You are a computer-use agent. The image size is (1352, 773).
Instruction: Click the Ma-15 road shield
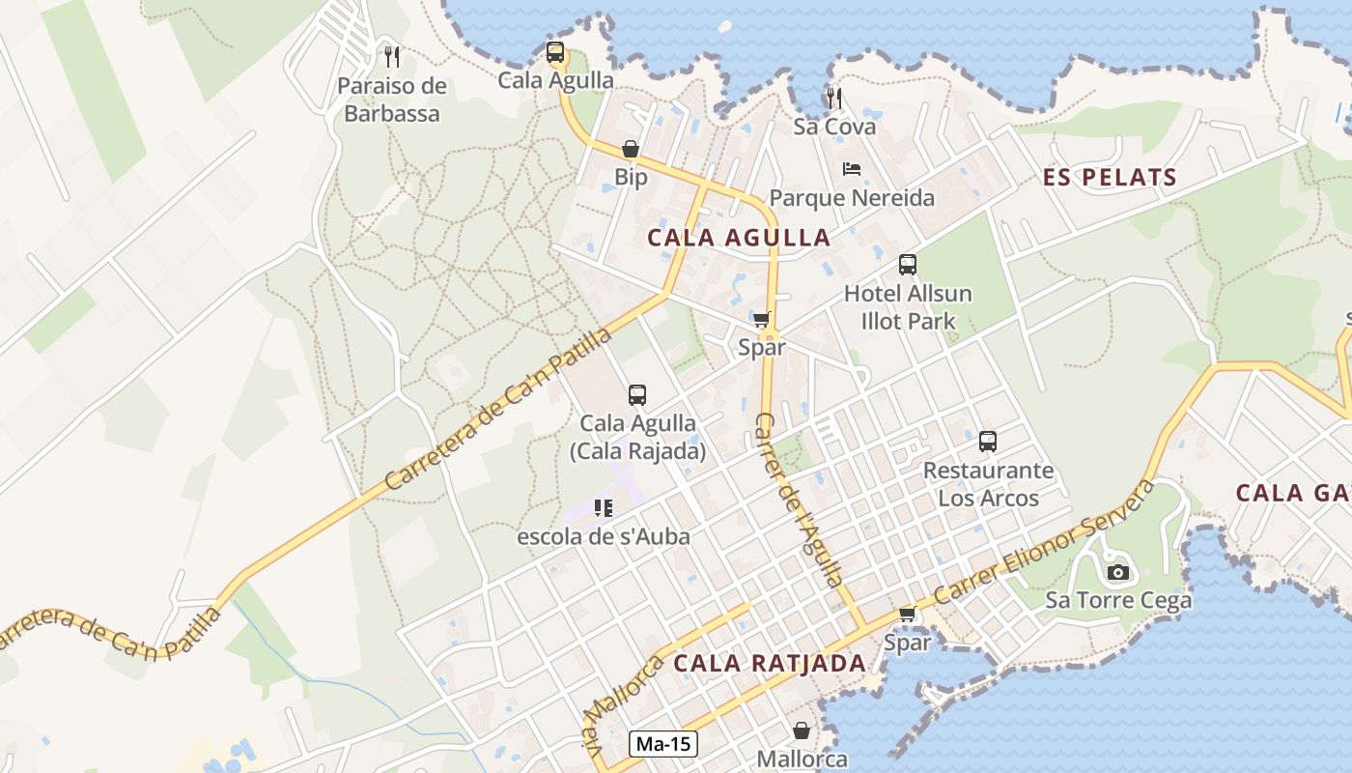[663, 744]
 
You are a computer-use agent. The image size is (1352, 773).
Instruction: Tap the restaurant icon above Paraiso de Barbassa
[391, 56]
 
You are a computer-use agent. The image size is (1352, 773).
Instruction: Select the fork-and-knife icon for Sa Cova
[834, 98]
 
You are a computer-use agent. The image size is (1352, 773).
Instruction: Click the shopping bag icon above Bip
[631, 149]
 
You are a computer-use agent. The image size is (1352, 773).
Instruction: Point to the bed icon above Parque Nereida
[851, 169]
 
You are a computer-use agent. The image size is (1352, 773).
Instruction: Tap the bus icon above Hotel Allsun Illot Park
[907, 265]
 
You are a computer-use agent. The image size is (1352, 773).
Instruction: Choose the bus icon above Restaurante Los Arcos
[988, 442]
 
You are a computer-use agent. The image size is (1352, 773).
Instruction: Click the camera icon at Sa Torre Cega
[1118, 572]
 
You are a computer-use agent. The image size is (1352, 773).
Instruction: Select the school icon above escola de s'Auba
[604, 507]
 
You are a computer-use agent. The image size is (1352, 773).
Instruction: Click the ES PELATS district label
[1110, 178]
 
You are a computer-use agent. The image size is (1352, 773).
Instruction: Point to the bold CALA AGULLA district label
[739, 238]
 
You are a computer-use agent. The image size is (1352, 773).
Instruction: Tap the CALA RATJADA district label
[770, 664]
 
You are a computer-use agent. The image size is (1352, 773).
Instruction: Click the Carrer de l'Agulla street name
[799, 500]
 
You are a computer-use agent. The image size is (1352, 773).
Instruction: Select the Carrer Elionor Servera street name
[1045, 540]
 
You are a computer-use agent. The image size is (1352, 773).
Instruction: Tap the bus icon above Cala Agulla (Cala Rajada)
[636, 394]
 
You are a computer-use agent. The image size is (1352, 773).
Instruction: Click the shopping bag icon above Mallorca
[801, 730]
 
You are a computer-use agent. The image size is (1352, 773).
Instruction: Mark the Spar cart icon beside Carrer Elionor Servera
[907, 614]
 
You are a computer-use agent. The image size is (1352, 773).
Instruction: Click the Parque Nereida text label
[852, 198]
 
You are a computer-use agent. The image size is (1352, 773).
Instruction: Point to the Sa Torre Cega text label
[1118, 601]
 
